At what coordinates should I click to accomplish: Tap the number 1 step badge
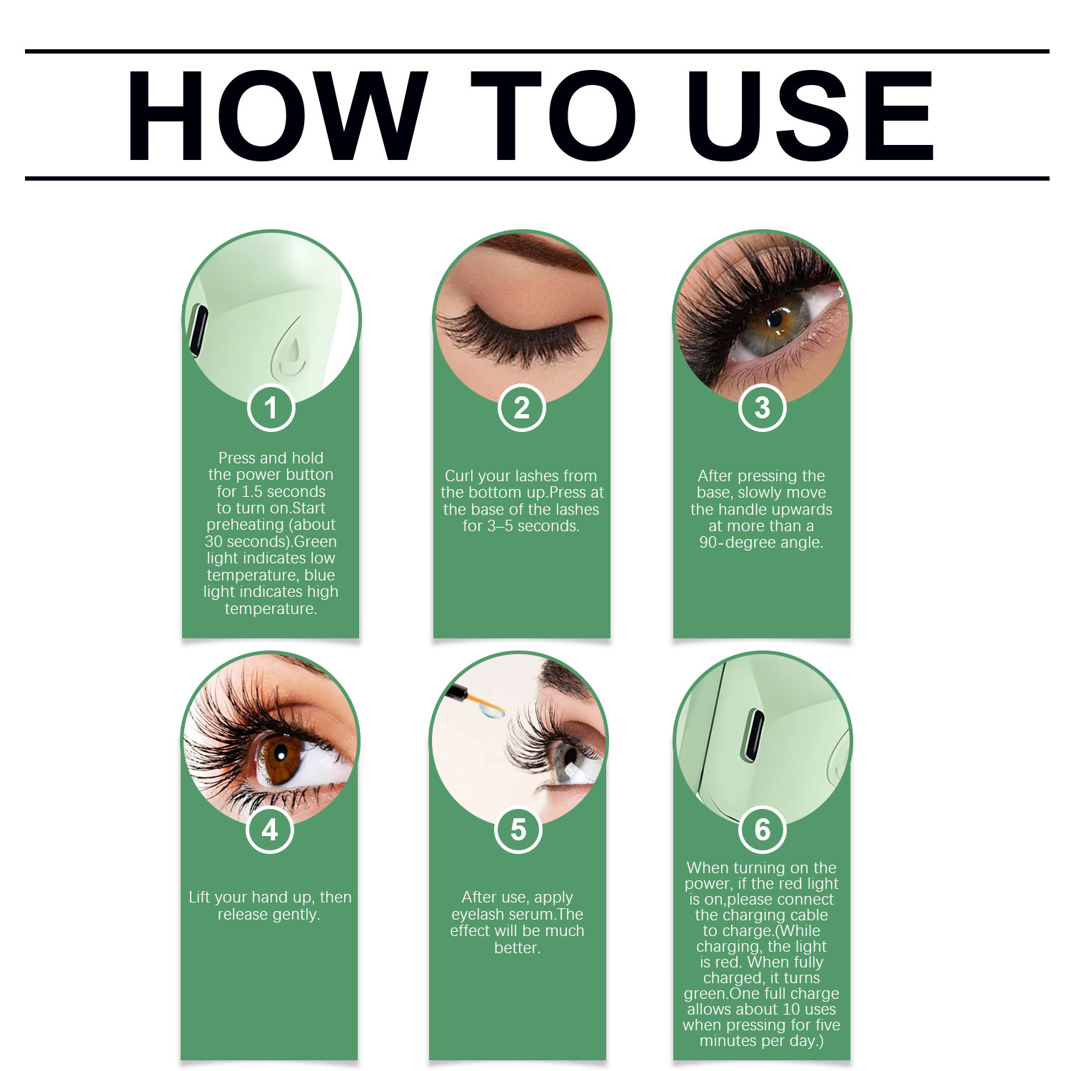tap(271, 408)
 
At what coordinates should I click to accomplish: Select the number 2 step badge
tap(522, 408)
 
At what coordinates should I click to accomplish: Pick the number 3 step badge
tap(763, 408)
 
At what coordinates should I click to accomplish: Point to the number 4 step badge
tap(270, 830)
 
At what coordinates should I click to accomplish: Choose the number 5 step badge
tap(518, 830)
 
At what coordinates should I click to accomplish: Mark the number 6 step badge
tap(763, 830)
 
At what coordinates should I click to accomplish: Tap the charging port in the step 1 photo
tap(198, 330)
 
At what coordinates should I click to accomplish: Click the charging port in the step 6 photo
tap(753, 735)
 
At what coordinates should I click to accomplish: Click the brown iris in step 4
tap(279, 756)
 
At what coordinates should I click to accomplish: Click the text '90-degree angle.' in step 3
tap(761, 543)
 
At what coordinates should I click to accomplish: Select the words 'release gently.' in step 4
tap(269, 915)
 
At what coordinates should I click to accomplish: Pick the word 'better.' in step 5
tap(518, 947)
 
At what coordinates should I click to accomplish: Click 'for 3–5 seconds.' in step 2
tap(521, 526)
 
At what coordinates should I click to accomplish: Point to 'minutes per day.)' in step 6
tap(762, 1041)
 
